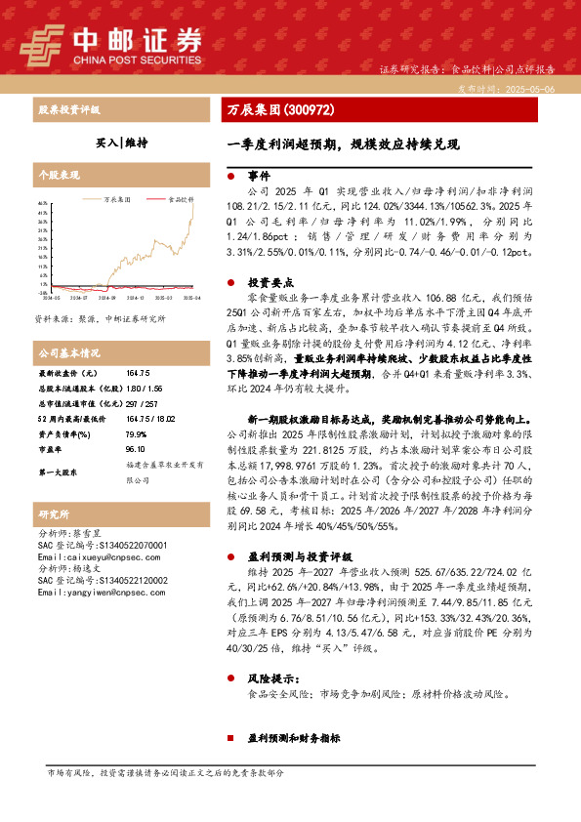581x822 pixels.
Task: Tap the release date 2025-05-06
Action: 528,88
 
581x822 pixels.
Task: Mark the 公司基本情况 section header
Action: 68,352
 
